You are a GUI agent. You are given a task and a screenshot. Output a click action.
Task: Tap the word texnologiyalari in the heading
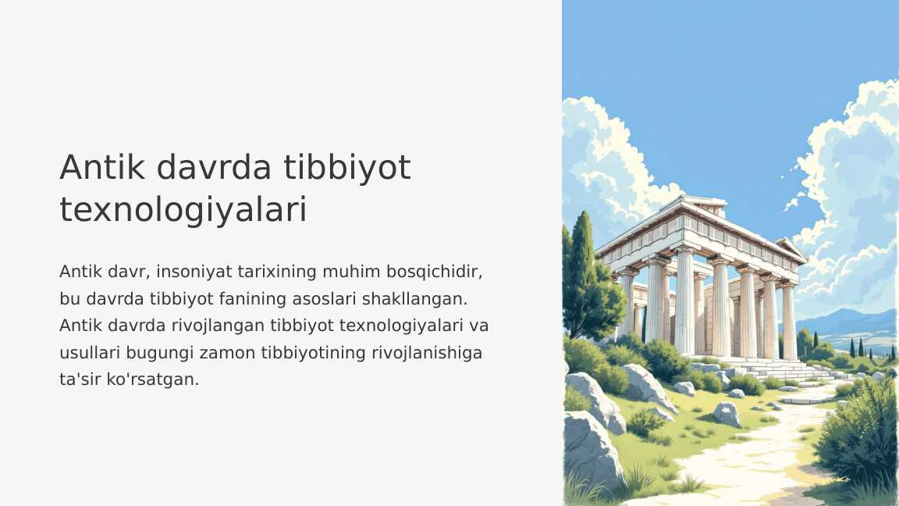click(183, 209)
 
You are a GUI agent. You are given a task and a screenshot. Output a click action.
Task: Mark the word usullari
click(86, 352)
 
